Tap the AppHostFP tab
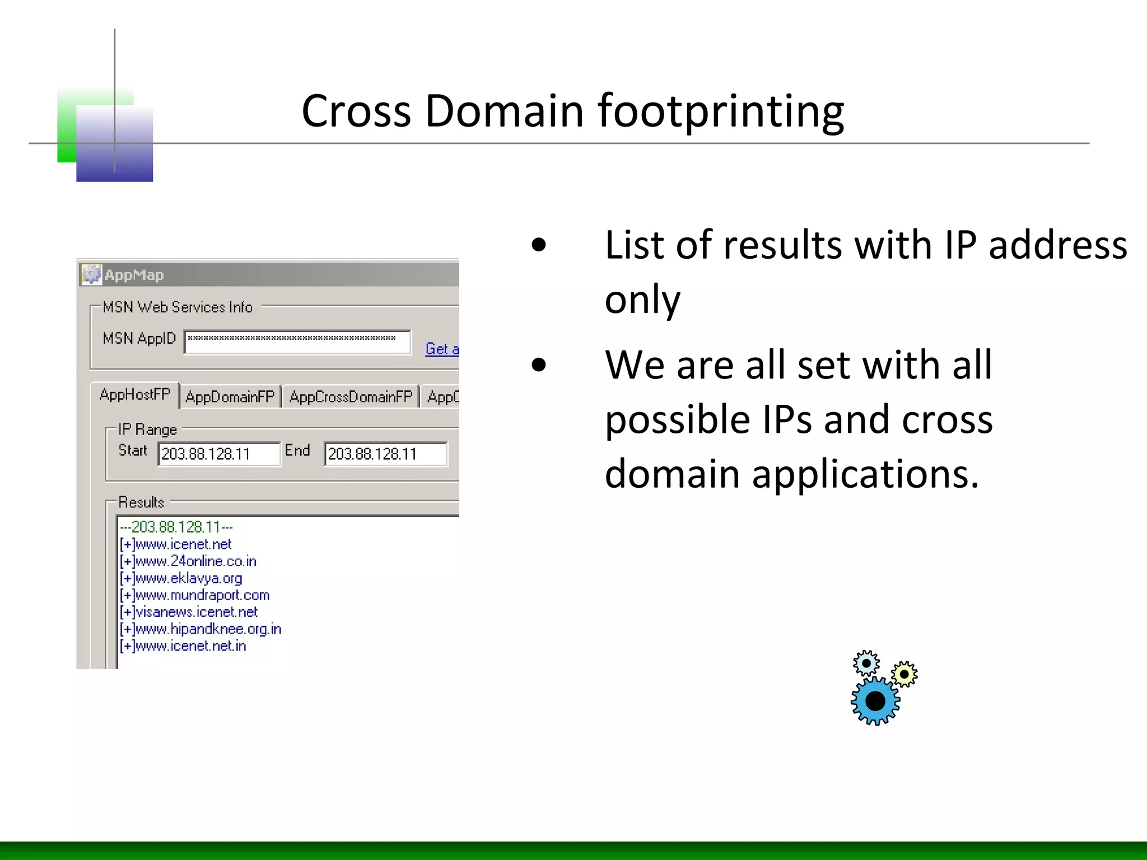134,395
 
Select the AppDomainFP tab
230,397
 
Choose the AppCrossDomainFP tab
351,397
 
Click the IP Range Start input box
218,454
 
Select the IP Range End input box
385,454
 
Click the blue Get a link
442,349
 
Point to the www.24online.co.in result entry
188,561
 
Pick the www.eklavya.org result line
181,578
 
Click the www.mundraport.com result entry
195,595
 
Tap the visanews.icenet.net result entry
189,612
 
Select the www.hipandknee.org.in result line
201,629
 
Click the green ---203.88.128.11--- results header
176,527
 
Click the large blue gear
875,701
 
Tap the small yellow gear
904,674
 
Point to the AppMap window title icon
91,274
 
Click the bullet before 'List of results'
539,245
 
